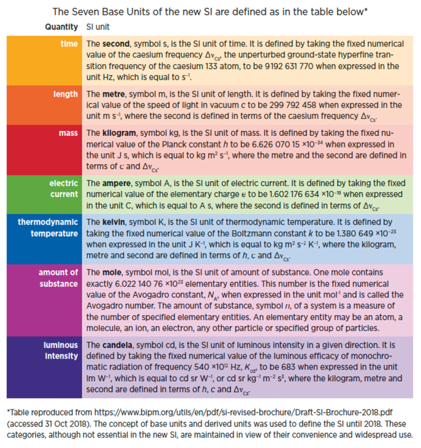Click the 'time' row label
click(x=69, y=43)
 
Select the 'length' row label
click(x=65, y=94)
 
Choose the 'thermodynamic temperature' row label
click(x=48, y=228)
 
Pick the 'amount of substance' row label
click(x=58, y=277)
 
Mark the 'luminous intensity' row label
click(x=60, y=351)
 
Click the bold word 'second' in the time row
click(x=114, y=43)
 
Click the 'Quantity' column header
click(x=62, y=26)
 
